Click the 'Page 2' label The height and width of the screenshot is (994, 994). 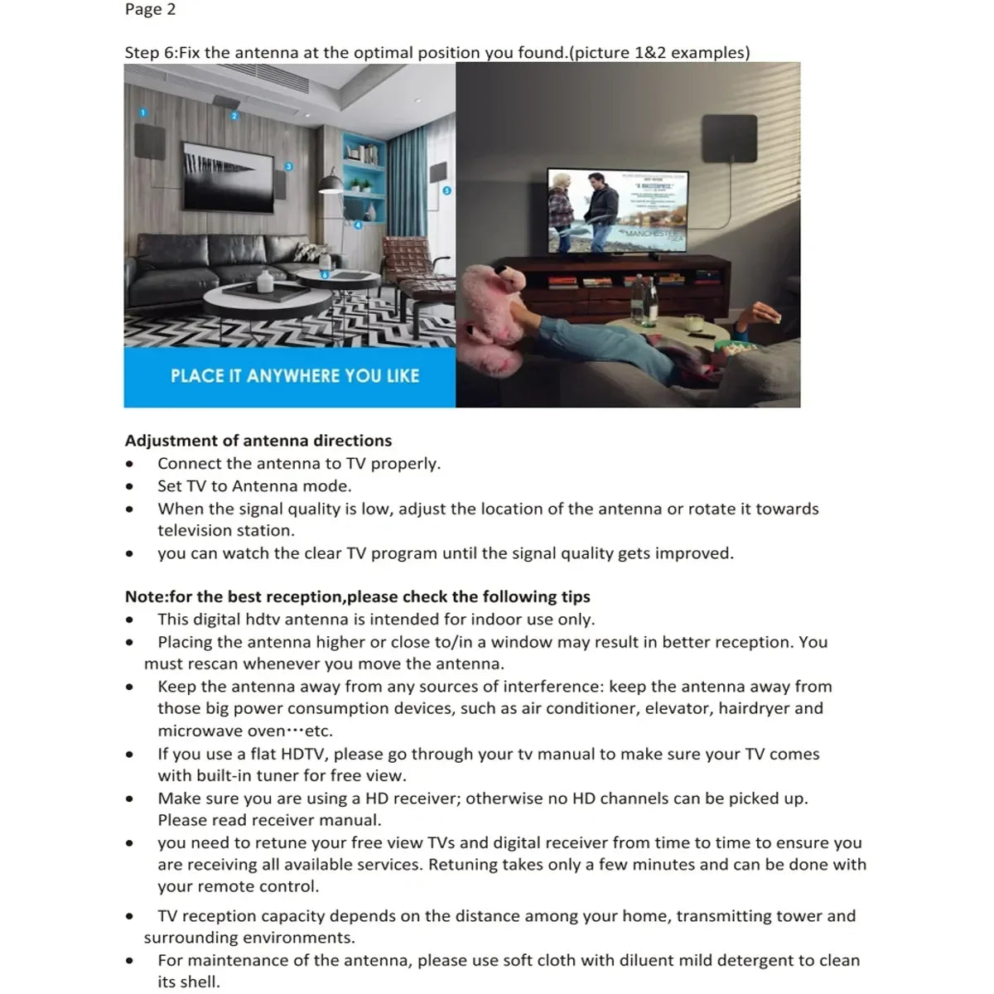pos(150,10)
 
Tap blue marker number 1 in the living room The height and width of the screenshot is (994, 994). pos(142,113)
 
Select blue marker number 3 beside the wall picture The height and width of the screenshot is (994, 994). pos(288,166)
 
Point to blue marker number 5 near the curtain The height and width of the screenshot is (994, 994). pos(447,191)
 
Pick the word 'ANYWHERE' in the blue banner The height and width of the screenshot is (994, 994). pos(293,376)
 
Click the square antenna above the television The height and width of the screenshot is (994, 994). pos(728,138)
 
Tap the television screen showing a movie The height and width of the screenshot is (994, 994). pos(617,212)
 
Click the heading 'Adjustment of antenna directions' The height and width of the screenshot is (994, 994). pos(258,441)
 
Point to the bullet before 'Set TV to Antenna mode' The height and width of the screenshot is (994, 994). pos(129,487)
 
